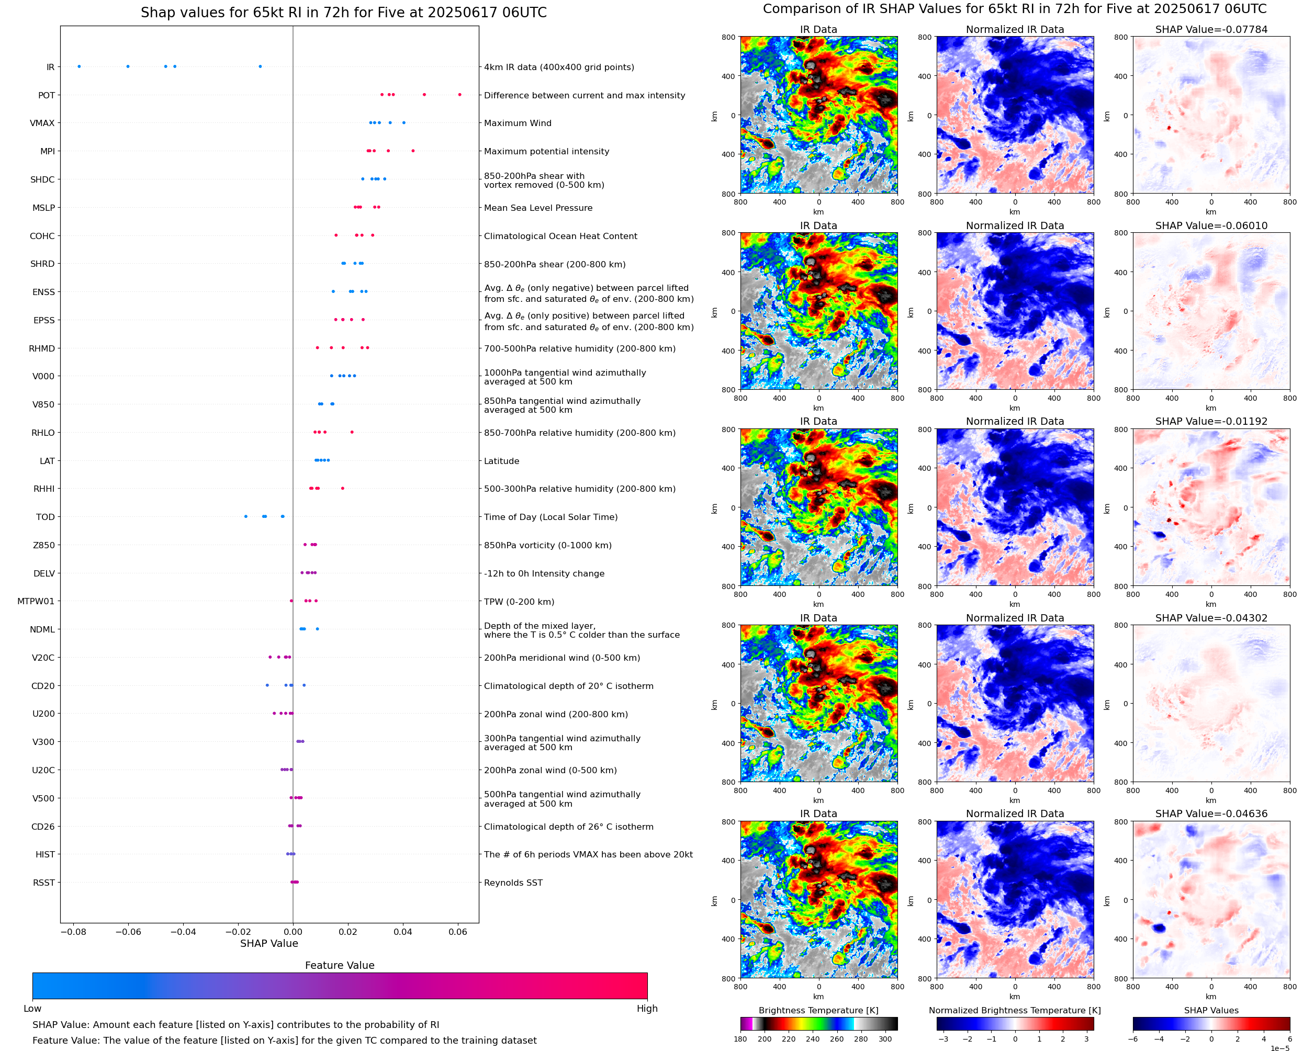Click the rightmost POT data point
point(459,95)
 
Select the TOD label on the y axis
point(46,517)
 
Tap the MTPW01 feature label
point(36,601)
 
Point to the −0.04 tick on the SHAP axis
point(183,932)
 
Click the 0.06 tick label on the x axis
point(458,932)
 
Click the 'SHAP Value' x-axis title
point(269,943)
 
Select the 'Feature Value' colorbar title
point(340,965)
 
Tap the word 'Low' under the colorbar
point(32,1009)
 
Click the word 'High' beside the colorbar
point(647,1009)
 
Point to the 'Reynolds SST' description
point(513,883)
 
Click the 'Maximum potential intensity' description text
point(546,151)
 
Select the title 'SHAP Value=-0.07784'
point(1211,29)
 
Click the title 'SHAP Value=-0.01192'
point(1211,421)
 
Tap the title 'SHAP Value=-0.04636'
point(1211,813)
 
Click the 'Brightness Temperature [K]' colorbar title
point(818,1010)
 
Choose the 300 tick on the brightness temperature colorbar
point(885,1039)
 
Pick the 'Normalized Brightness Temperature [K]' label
point(1015,1010)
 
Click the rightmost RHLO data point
point(352,432)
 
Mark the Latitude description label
point(501,461)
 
